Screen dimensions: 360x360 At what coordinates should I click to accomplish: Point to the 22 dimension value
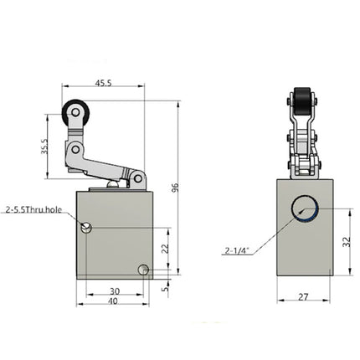pos(165,249)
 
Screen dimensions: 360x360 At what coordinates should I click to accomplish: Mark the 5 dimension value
pos(165,282)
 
